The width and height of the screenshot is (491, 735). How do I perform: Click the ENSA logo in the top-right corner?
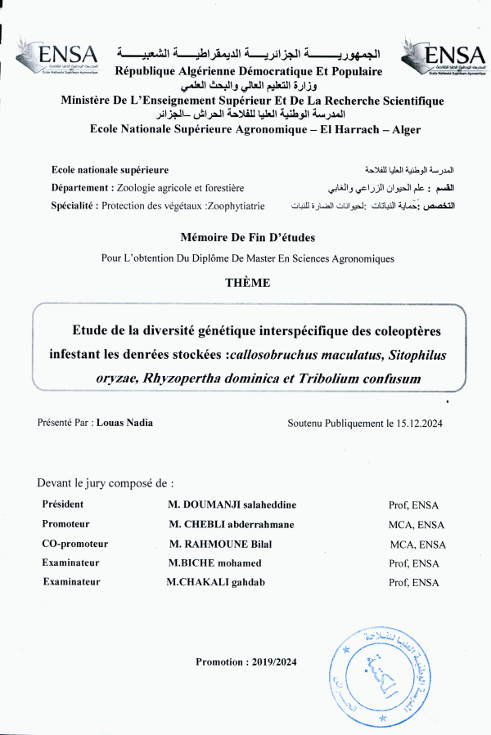click(444, 57)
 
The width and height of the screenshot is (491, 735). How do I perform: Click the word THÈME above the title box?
click(247, 283)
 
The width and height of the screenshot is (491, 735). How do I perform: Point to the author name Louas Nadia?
click(124, 424)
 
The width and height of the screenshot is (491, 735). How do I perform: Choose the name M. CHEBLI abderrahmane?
click(232, 524)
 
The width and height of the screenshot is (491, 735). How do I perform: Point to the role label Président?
click(62, 504)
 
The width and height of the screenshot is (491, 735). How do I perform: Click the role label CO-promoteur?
click(74, 544)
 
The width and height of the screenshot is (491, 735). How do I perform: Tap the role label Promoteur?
click(65, 524)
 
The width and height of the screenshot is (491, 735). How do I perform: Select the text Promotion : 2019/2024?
click(245, 661)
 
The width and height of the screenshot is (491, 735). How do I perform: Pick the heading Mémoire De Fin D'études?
click(247, 237)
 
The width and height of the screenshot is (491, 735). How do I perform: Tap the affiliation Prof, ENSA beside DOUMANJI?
click(414, 505)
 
